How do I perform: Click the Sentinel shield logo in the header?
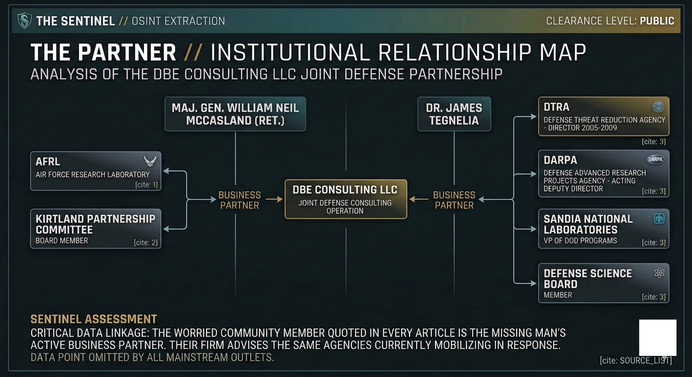pos(24,21)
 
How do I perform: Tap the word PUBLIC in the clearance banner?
pos(657,21)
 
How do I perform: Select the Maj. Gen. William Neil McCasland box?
pos(235,114)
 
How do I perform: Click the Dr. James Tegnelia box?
pos(454,114)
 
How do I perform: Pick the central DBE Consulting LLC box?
pos(346,199)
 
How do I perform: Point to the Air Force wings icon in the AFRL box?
pos(150,161)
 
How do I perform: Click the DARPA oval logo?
pos(655,159)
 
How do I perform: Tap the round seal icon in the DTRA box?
pos(658,107)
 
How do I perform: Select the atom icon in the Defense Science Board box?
pos(659,273)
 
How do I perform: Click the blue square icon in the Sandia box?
pos(659,219)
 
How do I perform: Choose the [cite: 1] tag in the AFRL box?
pos(146,185)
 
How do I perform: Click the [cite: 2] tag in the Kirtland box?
pos(145,242)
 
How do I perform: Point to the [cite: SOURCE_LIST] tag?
pos(635,360)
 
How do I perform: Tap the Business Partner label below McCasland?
pos(240,200)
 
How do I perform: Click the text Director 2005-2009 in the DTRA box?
pos(582,128)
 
